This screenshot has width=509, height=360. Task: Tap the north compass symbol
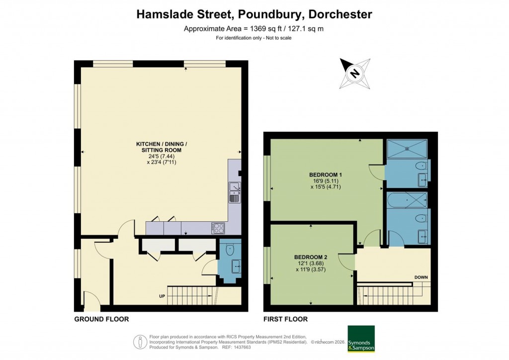tap(354, 74)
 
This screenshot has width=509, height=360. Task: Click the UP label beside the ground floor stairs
tap(162, 297)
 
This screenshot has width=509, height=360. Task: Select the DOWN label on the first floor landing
tap(422, 277)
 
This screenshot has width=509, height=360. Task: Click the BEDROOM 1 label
tap(326, 175)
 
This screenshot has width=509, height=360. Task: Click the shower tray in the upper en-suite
tap(407, 148)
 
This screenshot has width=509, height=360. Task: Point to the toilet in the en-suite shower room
tap(422, 166)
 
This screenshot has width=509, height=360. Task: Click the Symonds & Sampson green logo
tap(361, 339)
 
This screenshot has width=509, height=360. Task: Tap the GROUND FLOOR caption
tap(101, 319)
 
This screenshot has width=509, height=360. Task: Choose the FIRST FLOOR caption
tap(286, 319)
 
